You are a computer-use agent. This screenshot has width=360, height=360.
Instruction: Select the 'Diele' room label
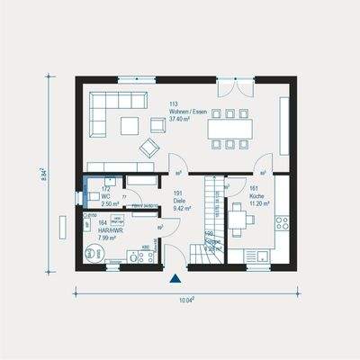[x=179, y=200]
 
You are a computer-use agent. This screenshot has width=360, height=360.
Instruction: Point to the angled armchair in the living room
[x=147, y=147]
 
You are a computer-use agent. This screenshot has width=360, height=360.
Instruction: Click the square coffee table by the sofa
[x=130, y=125]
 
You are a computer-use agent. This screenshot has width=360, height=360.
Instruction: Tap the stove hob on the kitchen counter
[x=281, y=220]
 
